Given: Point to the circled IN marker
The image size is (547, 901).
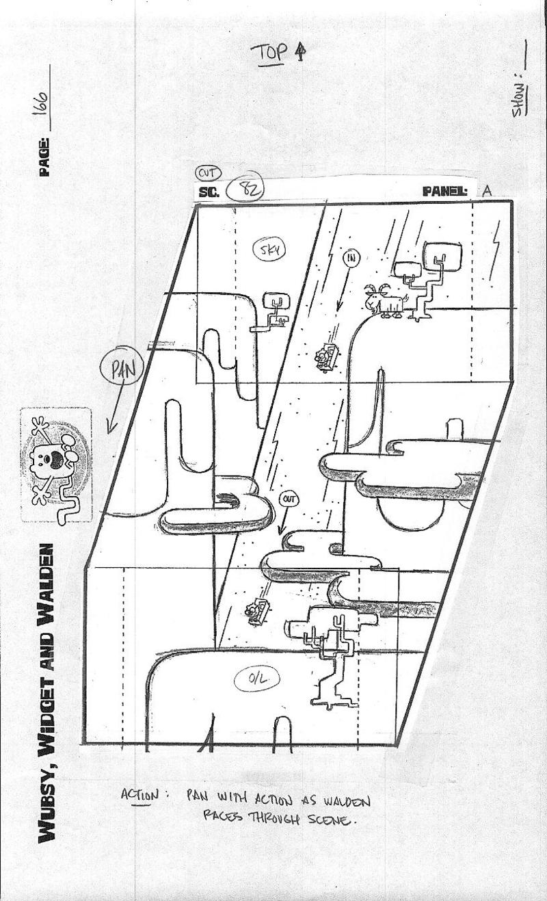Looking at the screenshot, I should pyautogui.click(x=350, y=259).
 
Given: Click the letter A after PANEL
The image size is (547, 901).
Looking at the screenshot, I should pyautogui.click(x=487, y=191).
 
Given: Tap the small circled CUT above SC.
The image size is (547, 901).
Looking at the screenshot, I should pyautogui.click(x=207, y=173).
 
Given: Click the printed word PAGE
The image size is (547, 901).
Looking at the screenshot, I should pyautogui.click(x=44, y=157).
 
